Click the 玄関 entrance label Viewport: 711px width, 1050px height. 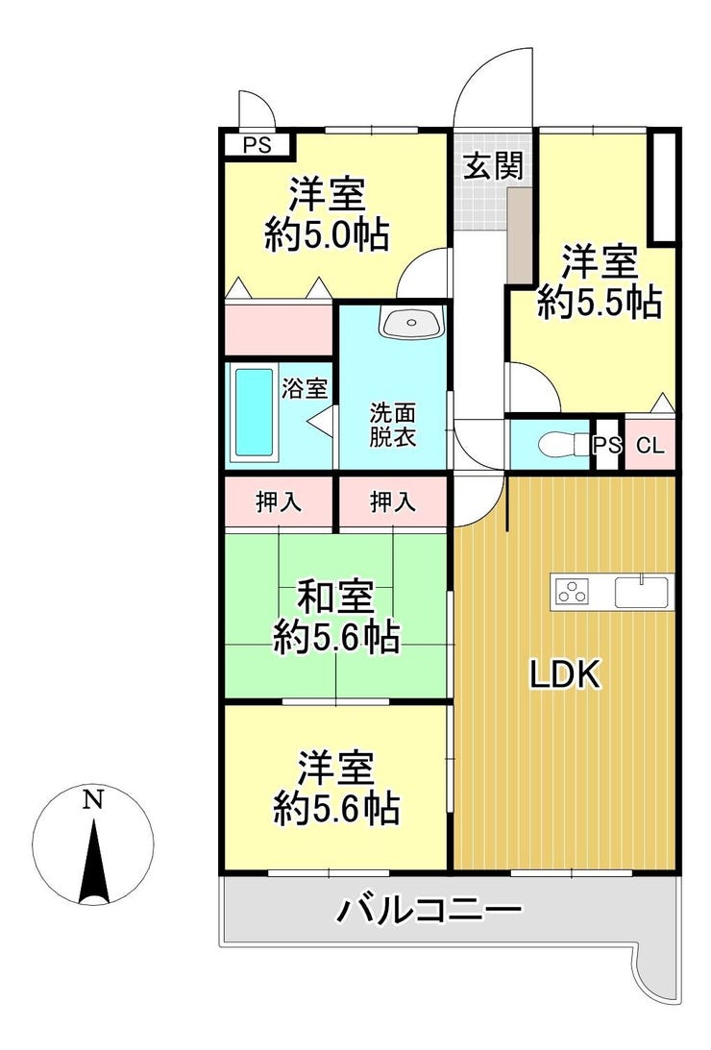click(494, 165)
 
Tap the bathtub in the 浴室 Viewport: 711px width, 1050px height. click(255, 412)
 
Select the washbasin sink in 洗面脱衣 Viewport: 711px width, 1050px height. click(411, 323)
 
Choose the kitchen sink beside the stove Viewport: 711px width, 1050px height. click(642, 591)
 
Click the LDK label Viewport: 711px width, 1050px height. click(565, 674)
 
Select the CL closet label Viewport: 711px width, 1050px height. click(650, 446)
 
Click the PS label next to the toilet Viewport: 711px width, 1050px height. click(607, 446)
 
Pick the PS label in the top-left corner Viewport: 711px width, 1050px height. click(257, 145)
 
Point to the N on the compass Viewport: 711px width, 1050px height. click(92, 799)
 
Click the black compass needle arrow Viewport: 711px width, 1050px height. click(94, 860)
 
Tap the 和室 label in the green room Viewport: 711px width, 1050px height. click(335, 598)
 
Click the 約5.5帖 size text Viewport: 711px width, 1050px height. click(600, 302)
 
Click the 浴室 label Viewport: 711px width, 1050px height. click(304, 388)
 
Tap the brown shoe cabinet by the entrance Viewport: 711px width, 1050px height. click(519, 235)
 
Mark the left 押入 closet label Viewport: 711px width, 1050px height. click(279, 502)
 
